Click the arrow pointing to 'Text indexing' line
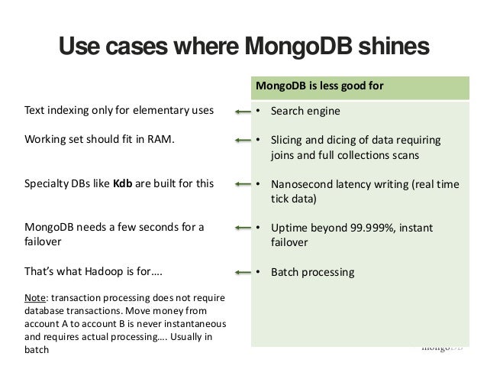[243, 112]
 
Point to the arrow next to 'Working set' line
[243, 141]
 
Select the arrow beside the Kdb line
[243, 184]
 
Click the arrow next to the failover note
[243, 228]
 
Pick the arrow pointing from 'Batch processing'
[243, 271]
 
